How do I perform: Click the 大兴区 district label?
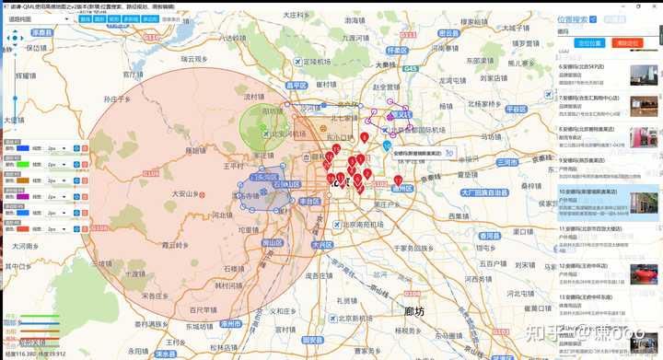point(321,245)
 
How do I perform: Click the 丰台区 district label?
point(309,200)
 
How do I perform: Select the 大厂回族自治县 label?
point(484,192)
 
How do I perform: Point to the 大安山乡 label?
point(187,194)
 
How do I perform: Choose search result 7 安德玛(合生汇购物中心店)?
point(593,96)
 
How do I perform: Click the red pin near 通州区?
point(398,179)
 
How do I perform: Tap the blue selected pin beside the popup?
point(386,145)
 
